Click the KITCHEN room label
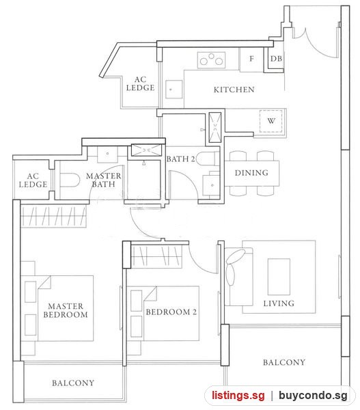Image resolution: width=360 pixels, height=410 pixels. tap(234, 90)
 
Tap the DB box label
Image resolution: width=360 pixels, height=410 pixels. tap(276, 59)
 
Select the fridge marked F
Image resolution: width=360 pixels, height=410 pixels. tap(251, 59)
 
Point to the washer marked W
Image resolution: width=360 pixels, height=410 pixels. tap(271, 121)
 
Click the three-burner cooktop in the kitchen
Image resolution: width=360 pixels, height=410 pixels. tap(211, 60)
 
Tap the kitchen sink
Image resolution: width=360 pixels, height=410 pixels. tap(174, 90)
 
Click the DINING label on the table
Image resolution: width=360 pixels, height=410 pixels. tap(251, 173)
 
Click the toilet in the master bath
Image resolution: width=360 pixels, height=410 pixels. tap(70, 180)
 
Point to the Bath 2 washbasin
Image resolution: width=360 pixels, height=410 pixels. tap(211, 184)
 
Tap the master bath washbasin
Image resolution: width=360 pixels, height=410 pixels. tap(107, 154)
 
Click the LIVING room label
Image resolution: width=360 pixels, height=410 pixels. tap(279, 303)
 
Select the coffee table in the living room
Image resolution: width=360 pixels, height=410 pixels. tap(279, 277)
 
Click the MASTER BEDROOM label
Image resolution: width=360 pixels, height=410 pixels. tap(66, 310)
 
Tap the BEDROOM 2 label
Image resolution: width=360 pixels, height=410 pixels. tap(171, 312)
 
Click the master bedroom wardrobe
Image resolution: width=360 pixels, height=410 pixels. tap(53, 216)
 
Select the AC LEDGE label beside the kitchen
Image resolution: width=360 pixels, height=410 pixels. tap(141, 83)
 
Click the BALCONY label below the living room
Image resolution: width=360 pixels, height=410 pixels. tap(284, 362)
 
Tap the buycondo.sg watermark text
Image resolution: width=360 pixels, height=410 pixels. tap(313, 396)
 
